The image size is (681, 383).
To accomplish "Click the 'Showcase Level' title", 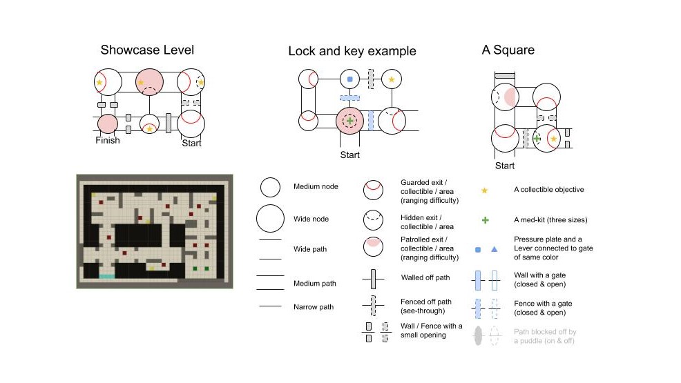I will click(147, 50).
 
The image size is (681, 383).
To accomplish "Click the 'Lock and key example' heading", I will click(352, 51).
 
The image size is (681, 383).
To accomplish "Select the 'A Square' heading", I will click(508, 50).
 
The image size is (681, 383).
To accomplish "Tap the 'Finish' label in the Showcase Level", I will click(108, 141).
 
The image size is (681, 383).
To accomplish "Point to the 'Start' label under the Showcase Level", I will click(191, 144).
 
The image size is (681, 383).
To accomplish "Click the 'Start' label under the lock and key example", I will click(350, 155).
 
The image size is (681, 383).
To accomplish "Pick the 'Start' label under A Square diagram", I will click(505, 166).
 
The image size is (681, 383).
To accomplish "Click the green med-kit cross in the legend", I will click(485, 220).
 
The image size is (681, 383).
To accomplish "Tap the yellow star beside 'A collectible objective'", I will click(485, 190).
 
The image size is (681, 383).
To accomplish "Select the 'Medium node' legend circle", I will click(269, 187).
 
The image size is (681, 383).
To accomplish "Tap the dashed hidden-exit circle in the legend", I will click(373, 219).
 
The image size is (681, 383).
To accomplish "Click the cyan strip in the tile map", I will click(107, 276).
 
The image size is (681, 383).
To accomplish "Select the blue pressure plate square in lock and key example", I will click(350, 80).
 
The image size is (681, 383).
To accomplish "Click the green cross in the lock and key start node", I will click(350, 121).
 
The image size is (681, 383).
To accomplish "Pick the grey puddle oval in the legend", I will click(478, 336).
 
